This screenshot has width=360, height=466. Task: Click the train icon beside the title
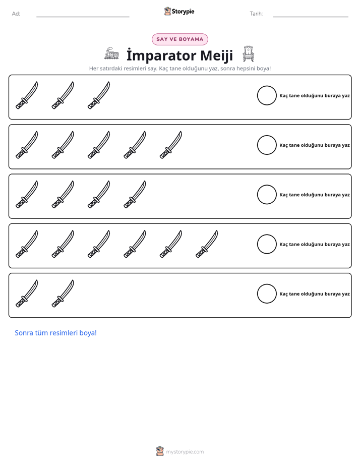(x=112, y=53)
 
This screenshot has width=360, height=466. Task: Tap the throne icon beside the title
(x=248, y=53)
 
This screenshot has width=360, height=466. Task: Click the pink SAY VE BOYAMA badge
(x=179, y=39)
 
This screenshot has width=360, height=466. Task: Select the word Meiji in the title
(x=216, y=55)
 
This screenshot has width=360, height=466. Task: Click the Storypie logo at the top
(x=179, y=11)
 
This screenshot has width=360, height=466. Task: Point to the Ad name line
(x=83, y=17)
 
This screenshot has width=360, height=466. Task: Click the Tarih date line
(x=311, y=17)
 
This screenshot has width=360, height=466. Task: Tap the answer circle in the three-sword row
(x=267, y=95)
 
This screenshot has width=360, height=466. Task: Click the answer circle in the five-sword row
(x=267, y=145)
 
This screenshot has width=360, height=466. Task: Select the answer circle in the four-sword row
(x=267, y=195)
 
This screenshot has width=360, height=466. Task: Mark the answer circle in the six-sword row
(x=267, y=244)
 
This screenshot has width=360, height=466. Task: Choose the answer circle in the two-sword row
(x=267, y=294)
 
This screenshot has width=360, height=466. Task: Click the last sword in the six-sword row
(x=206, y=244)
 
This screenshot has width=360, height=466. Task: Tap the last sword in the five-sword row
(x=170, y=145)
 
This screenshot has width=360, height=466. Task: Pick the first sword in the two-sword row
(x=26, y=294)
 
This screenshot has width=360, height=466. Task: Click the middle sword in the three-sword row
(x=63, y=96)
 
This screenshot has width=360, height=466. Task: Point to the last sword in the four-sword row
(x=135, y=195)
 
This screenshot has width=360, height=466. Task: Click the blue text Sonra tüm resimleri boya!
(x=56, y=333)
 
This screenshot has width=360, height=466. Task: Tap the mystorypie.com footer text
(x=185, y=452)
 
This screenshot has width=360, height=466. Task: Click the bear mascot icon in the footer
(x=160, y=451)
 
